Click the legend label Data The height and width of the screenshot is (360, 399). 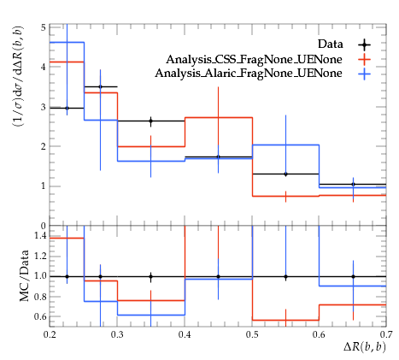point(331,44)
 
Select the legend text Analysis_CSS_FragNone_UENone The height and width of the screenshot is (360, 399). point(254,59)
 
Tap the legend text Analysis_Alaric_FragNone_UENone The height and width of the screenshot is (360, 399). point(249,74)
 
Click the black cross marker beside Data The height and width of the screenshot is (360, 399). point(364,44)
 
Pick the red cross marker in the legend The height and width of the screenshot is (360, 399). point(364,59)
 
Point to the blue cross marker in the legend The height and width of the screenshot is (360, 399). point(364,74)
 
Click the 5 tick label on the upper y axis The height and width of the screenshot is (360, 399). point(43,27)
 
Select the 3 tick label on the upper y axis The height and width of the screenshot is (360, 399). point(43,107)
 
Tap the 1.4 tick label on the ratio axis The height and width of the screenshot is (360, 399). point(40,235)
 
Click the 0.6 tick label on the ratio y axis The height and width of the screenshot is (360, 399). point(40,316)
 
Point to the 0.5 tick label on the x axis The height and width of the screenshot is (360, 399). point(252,334)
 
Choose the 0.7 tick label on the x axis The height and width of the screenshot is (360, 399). point(386,334)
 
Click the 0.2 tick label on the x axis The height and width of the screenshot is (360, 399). point(50,334)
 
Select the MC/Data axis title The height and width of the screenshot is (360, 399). point(25,275)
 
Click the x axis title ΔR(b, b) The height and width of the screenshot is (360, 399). point(365,347)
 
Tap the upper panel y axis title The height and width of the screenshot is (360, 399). point(18,77)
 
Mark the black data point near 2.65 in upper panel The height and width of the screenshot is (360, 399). point(151,121)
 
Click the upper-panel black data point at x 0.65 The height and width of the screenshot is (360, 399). point(353,185)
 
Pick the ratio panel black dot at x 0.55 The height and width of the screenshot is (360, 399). point(285,276)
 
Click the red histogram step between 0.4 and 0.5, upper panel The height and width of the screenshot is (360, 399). point(219,117)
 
